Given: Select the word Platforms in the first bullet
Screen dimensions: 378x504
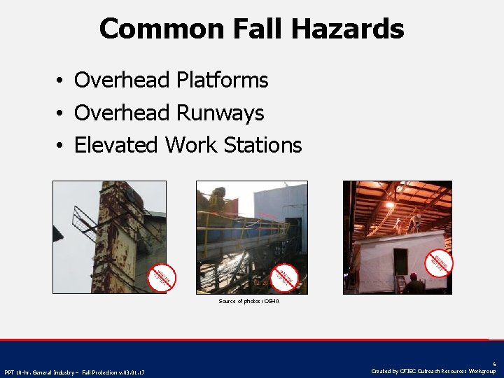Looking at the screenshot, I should (x=222, y=80).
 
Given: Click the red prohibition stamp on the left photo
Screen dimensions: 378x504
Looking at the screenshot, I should (x=162, y=276).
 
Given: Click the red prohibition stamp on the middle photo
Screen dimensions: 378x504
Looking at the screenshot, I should (x=283, y=276).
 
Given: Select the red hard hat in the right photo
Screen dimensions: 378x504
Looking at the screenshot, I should (x=413, y=276).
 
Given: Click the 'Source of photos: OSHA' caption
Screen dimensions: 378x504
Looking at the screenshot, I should (x=248, y=301).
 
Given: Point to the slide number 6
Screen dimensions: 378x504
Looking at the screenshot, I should (x=493, y=364).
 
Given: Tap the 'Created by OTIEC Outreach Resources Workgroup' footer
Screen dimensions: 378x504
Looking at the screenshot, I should (x=433, y=371).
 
